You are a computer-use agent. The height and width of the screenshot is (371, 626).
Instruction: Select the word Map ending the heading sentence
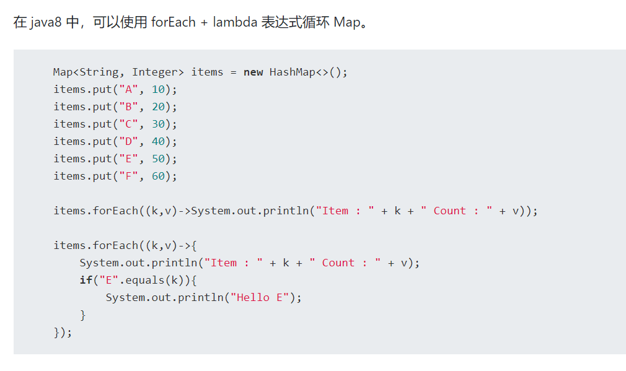tap(346, 22)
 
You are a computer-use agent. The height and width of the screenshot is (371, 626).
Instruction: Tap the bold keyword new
tap(253, 72)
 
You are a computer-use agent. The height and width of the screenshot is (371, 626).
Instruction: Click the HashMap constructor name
tap(293, 72)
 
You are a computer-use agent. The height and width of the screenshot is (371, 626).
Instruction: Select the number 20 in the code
tap(158, 107)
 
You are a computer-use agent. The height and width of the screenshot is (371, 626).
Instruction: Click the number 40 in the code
tap(158, 141)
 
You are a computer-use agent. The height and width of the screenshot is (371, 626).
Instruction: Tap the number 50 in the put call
tap(158, 159)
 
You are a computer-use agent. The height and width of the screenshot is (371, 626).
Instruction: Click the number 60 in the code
tap(158, 176)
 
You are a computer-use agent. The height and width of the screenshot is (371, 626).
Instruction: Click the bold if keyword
tap(86, 280)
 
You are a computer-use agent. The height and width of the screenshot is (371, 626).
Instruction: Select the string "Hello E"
tap(260, 297)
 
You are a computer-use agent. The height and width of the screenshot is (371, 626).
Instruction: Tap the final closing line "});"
tap(63, 332)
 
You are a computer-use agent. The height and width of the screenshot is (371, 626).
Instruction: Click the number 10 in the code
tap(158, 89)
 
